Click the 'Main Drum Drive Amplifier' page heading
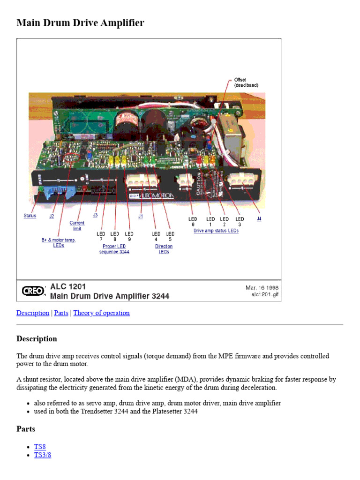pos(80,22)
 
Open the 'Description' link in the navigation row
pos(33,313)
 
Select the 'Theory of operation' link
pos(101,313)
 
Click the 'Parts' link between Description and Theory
pos(61,313)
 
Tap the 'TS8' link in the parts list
pos(40,447)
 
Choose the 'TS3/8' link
pos(43,455)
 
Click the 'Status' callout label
pos(30,216)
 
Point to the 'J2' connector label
pos(52,216)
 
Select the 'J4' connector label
pos(259,218)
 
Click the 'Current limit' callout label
pos(77,225)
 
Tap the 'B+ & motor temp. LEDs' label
pos(59,242)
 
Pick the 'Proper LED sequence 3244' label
pos(114,249)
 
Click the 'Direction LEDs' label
pos(164,249)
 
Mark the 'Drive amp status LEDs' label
pos(216,231)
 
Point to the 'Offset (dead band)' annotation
pos(246,82)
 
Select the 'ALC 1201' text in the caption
pos(68,286)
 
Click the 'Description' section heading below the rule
pos(37,338)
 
